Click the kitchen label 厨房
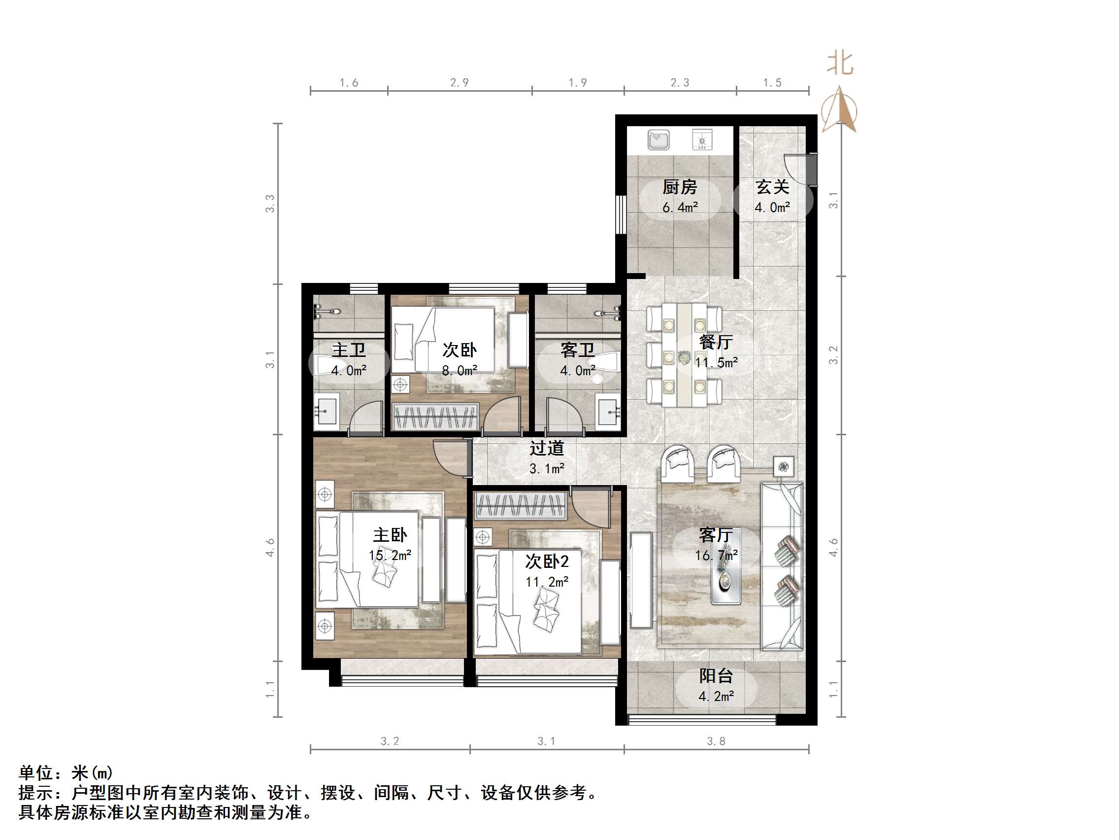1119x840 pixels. click(679, 187)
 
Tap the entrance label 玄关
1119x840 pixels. click(772, 187)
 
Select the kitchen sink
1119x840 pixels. click(658, 139)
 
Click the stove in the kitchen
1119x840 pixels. click(702, 139)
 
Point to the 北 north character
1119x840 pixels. click(840, 64)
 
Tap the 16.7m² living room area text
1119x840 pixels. click(716, 556)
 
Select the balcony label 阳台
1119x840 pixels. click(716, 676)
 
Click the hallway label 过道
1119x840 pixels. click(546, 448)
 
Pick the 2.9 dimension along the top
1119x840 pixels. click(460, 82)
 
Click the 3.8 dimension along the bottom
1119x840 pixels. click(716, 741)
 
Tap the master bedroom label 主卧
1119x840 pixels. click(390, 535)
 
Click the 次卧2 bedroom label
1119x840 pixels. click(546, 561)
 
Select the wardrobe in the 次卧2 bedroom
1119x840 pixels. click(521, 505)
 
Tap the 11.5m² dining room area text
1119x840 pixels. click(716, 362)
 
